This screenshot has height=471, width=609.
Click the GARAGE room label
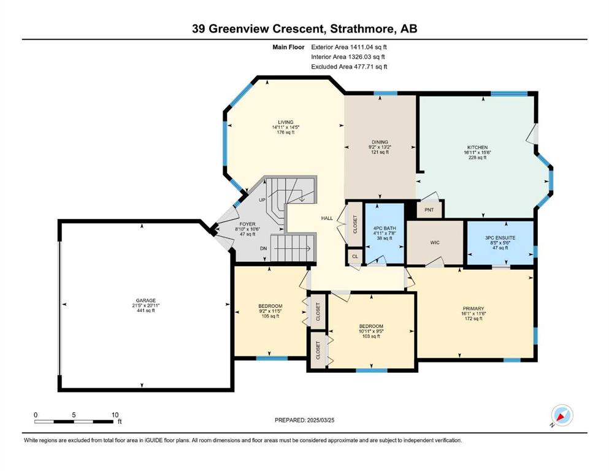point(145,300)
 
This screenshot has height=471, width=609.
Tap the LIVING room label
point(285,122)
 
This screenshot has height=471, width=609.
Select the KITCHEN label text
point(477,148)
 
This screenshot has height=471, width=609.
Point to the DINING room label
point(380,142)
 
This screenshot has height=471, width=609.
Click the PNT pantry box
point(429,209)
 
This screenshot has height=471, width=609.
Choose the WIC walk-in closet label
point(435,243)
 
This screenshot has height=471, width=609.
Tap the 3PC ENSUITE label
point(500,237)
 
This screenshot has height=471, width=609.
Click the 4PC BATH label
point(385,228)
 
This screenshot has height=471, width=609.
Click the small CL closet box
point(355,257)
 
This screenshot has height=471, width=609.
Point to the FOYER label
point(247,224)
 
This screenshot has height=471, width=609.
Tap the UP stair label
point(262,200)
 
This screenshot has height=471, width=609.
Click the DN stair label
point(263,248)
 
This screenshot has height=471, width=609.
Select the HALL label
point(327,218)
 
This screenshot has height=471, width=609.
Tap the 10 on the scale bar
point(115,415)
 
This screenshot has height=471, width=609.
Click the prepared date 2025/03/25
point(321,420)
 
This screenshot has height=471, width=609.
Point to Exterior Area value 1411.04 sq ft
point(368,47)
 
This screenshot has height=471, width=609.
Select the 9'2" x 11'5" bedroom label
point(270,311)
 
